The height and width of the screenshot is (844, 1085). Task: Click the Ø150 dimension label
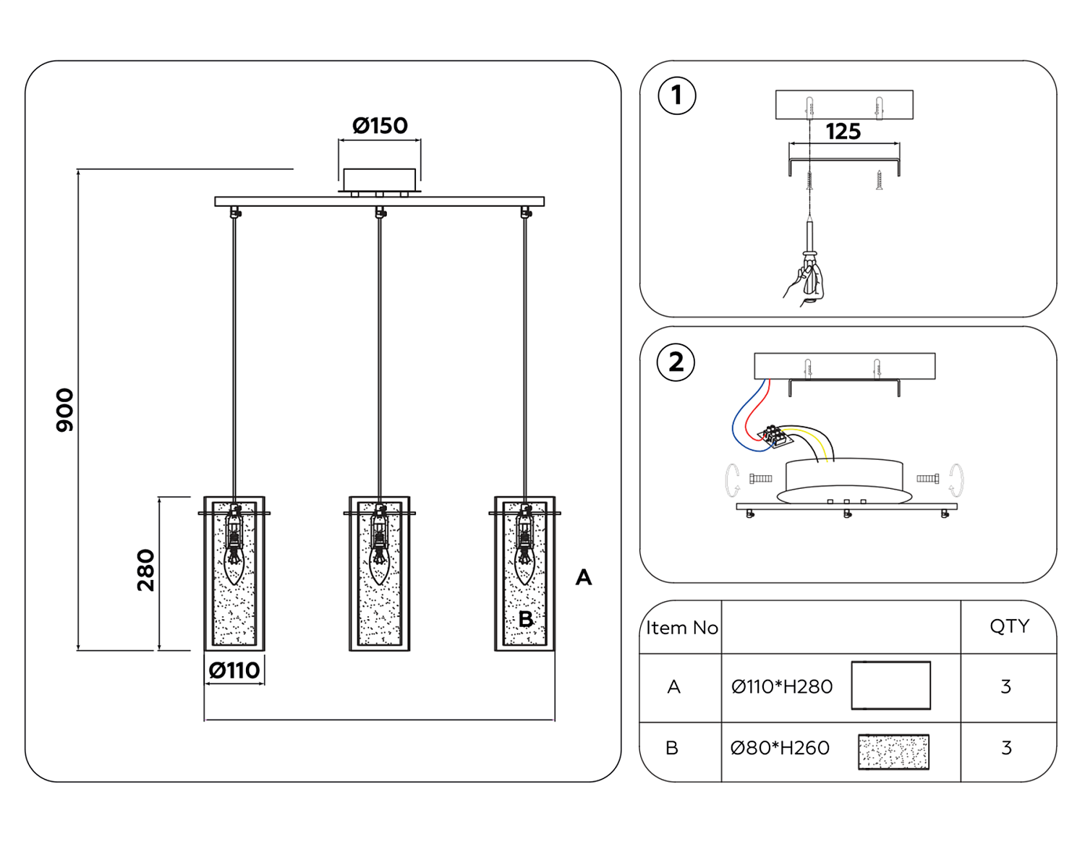point(380,126)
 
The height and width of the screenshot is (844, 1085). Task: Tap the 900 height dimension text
point(65,410)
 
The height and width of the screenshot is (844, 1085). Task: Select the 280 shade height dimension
point(146,570)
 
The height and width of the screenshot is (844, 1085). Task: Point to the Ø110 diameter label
point(234,670)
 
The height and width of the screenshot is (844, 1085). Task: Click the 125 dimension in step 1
point(843,132)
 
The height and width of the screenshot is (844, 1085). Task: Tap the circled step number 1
point(676,95)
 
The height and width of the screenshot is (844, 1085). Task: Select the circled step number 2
point(676,362)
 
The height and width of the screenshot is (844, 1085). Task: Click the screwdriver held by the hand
point(810,246)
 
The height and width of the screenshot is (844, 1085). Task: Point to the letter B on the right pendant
point(526,619)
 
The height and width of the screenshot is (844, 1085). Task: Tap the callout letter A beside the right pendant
point(583,577)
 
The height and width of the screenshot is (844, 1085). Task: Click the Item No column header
point(681,628)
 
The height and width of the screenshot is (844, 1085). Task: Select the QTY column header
point(1009,626)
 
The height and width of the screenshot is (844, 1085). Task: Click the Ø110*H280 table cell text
point(781,686)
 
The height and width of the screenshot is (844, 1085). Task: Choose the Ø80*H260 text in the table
point(780,748)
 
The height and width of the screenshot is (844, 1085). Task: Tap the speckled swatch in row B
point(893,752)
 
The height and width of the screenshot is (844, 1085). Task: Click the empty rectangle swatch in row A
point(890,685)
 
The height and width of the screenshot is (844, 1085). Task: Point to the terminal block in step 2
point(774,436)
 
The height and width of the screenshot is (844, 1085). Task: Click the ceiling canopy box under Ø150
point(379,179)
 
